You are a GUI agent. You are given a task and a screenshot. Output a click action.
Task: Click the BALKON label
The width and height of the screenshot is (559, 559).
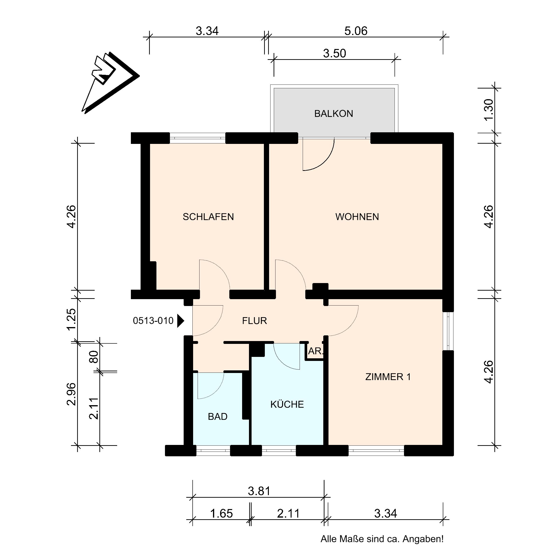coord(334,114)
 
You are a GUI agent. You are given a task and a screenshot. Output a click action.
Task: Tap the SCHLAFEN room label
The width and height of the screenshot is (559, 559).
coord(208,217)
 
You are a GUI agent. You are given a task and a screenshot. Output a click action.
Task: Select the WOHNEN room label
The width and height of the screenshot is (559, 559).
coord(357,217)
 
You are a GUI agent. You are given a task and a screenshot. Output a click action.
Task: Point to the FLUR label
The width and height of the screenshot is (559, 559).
coord(254,321)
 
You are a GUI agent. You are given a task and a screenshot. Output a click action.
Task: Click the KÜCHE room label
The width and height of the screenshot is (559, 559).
coord(287,404)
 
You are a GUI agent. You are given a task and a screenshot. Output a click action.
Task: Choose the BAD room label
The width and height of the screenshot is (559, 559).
coord(217,417)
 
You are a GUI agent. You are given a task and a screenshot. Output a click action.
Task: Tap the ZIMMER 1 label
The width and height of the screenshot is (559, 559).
coord(388,377)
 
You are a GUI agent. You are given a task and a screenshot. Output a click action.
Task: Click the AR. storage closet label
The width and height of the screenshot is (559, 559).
coord(315,351)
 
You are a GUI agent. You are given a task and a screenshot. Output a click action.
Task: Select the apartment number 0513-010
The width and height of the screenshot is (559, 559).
coord(153,321)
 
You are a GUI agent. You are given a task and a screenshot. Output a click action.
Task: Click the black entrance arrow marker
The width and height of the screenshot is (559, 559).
coord(181,321)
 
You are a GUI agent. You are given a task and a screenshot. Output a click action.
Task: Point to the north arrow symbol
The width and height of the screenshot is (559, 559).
coord(110,83)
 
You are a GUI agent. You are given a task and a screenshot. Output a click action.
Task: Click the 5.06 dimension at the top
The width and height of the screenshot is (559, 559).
coord(356,31)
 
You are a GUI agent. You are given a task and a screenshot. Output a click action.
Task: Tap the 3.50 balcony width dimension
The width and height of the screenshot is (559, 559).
coord(334,53)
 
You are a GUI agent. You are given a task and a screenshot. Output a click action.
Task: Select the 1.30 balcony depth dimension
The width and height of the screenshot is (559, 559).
coord(488,110)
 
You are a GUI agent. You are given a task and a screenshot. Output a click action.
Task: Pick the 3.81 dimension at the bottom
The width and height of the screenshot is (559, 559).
coord(259,491)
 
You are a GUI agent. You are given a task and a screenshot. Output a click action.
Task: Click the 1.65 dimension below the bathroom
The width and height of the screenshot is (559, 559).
coord(221,514)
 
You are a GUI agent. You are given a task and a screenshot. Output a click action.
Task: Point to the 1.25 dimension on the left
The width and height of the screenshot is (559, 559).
coord(71,319)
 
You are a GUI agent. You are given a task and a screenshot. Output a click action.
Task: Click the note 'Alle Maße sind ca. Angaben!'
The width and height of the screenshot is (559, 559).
coord(382,539)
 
